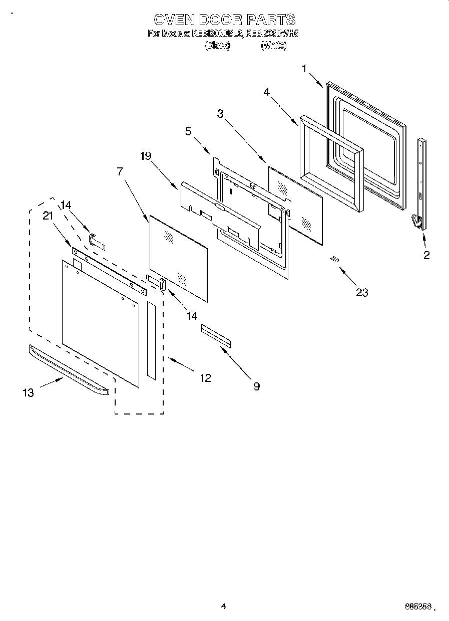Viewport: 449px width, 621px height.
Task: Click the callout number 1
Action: click(304, 69)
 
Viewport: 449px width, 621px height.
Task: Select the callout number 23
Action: click(361, 292)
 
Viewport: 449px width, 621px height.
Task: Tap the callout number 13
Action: click(28, 392)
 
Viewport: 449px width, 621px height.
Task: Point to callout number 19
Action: click(146, 156)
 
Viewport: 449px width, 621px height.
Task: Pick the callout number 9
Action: click(256, 386)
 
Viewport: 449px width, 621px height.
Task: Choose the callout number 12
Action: click(205, 378)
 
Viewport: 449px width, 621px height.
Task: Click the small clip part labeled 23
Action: click(334, 259)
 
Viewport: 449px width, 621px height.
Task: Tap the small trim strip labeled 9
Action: click(217, 336)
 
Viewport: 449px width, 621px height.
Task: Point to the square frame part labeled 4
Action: click(330, 160)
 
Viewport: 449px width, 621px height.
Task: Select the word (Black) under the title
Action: click(217, 45)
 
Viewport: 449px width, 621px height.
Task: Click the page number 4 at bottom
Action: click(224, 606)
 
